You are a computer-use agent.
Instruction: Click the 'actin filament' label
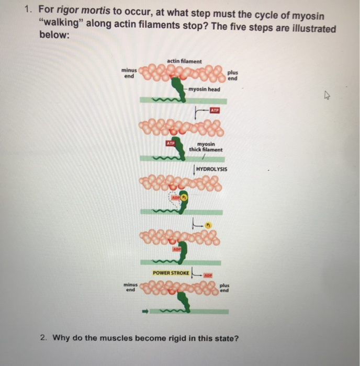pos(184,61)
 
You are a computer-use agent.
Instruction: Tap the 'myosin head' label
pos(205,89)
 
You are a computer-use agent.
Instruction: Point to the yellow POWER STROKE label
pos(172,273)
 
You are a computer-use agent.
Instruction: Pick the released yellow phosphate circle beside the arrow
pos(209,226)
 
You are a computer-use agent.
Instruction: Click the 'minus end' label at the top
pos(128,73)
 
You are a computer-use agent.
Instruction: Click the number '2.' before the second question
pos(44,338)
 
